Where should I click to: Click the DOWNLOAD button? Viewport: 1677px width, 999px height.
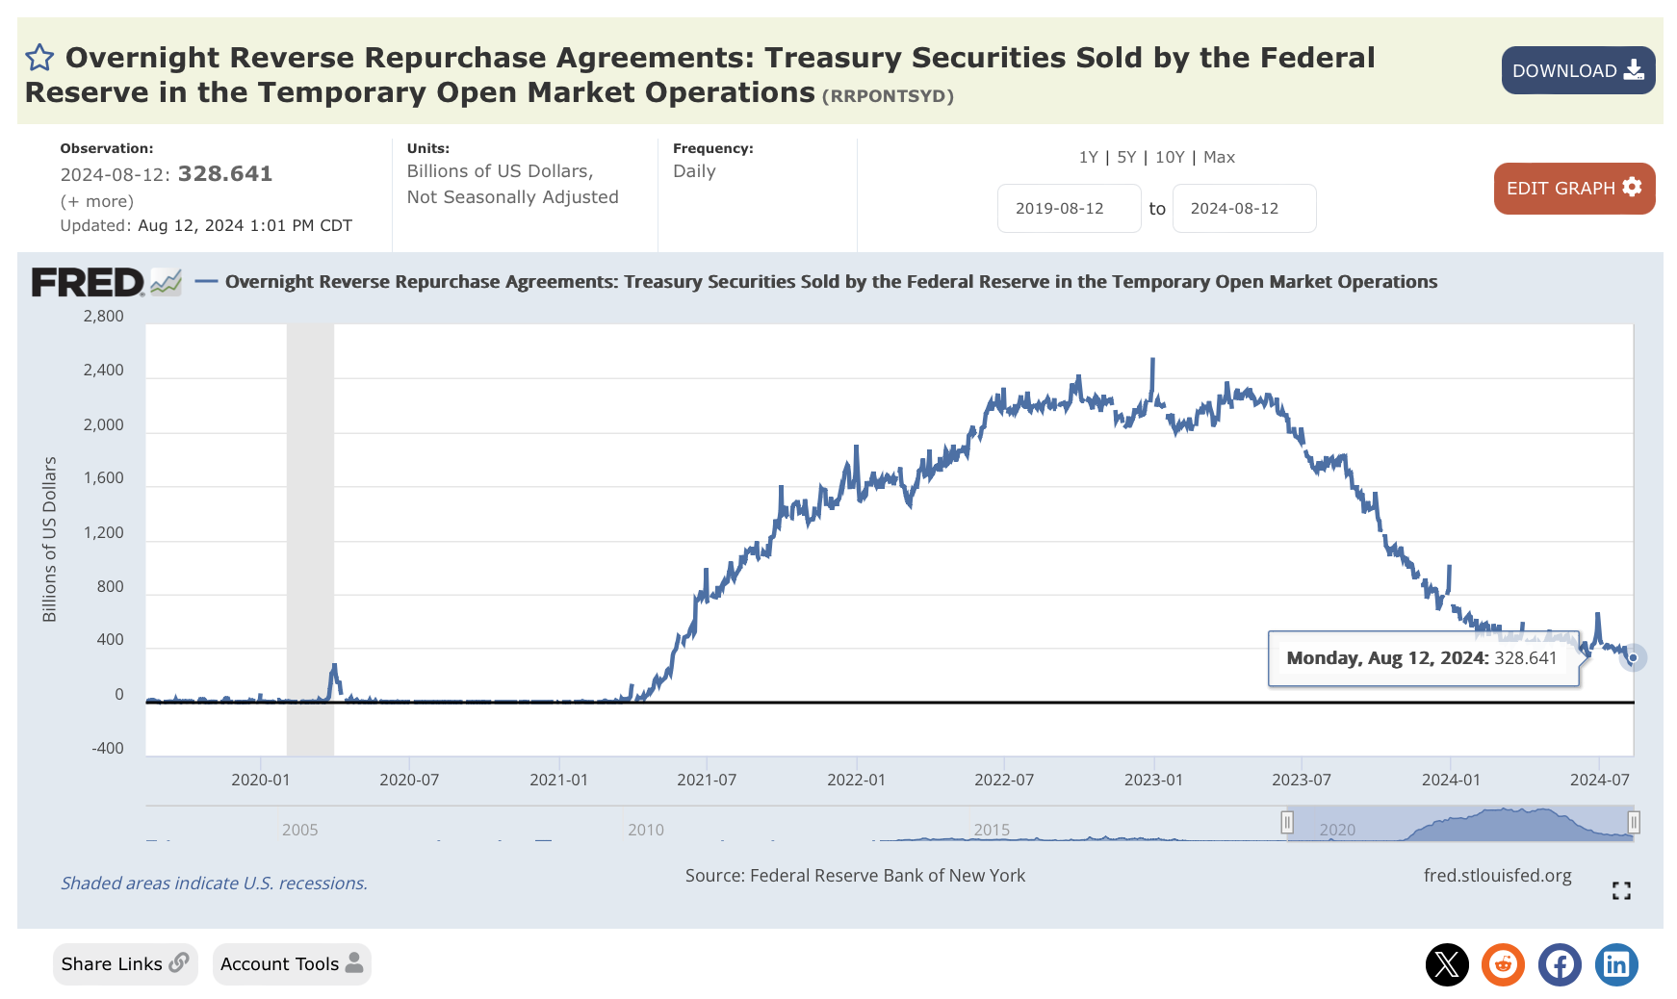coord(1577,70)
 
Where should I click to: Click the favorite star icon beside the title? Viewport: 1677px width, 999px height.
coord(39,58)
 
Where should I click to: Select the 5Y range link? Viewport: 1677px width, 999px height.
coord(1125,157)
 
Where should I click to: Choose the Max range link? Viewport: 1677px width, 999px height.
coord(1219,157)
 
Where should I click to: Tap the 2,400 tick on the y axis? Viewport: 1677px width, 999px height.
coord(104,371)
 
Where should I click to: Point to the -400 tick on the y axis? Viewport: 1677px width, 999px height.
coord(107,748)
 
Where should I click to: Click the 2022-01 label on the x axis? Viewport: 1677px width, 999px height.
coord(856,780)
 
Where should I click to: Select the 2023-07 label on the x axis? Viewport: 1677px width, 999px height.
coord(1301,780)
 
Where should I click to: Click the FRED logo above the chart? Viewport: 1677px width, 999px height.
coord(89,282)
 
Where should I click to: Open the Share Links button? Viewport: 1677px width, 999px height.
coord(125,964)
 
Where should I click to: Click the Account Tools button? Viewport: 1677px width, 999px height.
coord(291,964)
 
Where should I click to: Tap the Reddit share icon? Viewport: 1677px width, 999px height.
coord(1503,964)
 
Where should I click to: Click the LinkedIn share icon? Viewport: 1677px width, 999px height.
coord(1616,964)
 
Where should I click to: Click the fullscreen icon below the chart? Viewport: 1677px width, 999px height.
coord(1621,891)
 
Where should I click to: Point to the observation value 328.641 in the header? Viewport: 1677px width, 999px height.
coord(225,174)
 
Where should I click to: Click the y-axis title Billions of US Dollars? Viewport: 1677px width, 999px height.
coord(49,539)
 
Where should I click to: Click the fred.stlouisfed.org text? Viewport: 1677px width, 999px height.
coord(1497,876)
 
